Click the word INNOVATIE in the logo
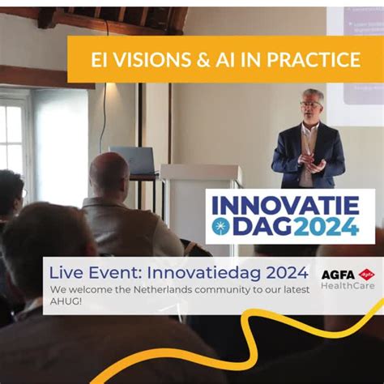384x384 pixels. point(289,203)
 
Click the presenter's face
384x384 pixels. point(311,105)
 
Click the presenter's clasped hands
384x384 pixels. point(313,162)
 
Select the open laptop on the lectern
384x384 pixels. point(133,160)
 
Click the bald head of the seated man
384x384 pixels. point(109,172)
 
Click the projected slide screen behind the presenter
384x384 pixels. point(355,57)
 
